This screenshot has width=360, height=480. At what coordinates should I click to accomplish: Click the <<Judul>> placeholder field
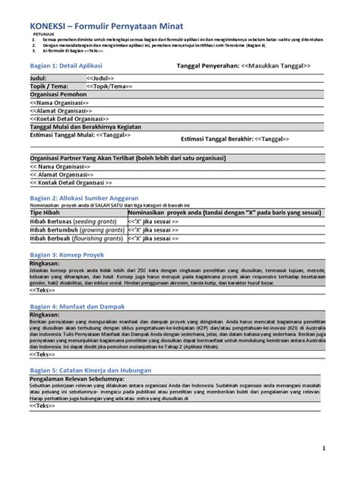[100, 78]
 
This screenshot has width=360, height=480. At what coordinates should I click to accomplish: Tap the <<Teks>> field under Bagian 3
[42, 290]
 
